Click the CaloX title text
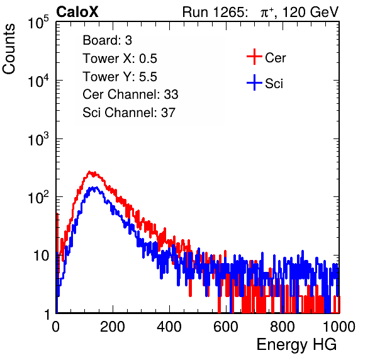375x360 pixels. [x=77, y=12]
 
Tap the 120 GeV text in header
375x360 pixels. [x=311, y=12]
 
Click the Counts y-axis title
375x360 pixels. [x=9, y=49]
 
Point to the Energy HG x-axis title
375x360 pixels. [x=296, y=345]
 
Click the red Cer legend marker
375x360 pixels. [x=254, y=57]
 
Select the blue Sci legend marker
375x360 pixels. [x=254, y=82]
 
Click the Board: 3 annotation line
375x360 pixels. [x=107, y=40]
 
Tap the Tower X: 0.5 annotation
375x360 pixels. [x=120, y=59]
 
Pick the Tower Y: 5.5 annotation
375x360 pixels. [x=120, y=77]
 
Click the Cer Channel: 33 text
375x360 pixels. [x=130, y=94]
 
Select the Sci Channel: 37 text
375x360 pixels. [x=129, y=113]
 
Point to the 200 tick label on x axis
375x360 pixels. [x=113, y=327]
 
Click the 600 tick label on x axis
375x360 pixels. [x=226, y=327]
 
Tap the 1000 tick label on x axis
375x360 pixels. [x=339, y=327]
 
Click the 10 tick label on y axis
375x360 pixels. [x=42, y=256]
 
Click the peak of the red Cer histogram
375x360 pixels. [x=89, y=172]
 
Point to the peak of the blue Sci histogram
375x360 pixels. [x=95, y=188]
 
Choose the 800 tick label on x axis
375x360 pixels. [x=283, y=327]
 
